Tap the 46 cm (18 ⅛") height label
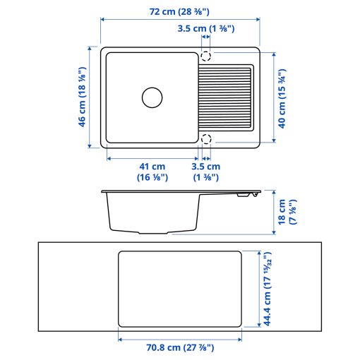pos(82,97)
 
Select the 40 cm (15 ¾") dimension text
pos(282,97)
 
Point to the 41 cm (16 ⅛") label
pos(152,172)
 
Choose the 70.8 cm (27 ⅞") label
pos(180,347)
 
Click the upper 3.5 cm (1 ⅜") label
pos(205,29)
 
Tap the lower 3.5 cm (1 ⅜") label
pos(206,172)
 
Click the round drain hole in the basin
pos(152,97)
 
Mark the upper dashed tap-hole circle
pos(206,56)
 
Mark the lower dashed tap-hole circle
pos(206,138)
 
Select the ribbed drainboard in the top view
pos(225,97)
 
